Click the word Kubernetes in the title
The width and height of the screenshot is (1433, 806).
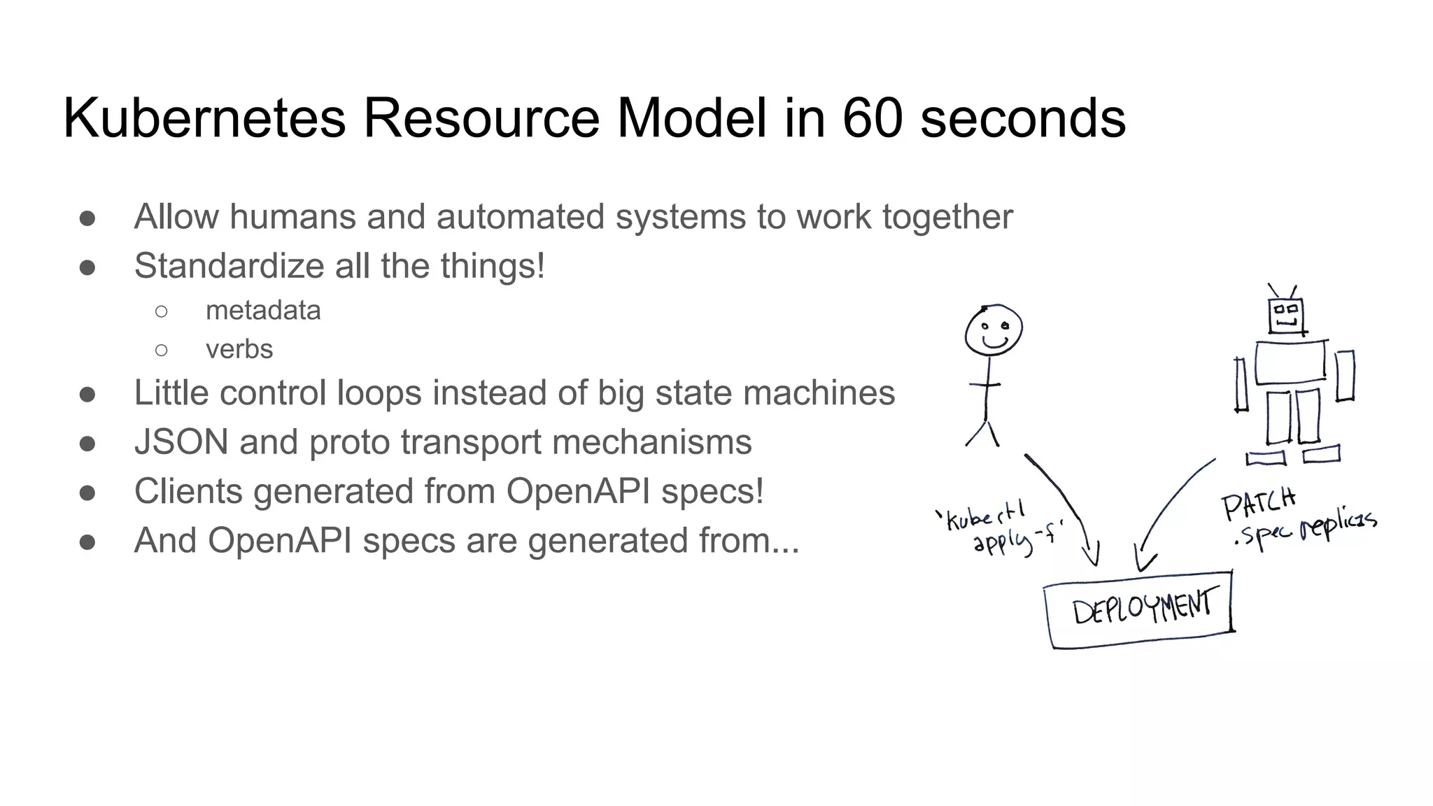pos(204,118)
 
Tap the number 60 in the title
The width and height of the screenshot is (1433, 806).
pos(872,118)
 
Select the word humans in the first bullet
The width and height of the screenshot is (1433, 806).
pos(292,217)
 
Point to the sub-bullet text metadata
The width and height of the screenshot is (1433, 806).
pos(263,310)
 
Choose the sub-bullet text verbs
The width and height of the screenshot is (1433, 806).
pos(239,349)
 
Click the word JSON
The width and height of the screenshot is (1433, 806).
pos(181,442)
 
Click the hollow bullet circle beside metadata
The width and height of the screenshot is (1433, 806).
pos(162,311)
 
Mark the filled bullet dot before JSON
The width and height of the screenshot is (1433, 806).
pos(87,444)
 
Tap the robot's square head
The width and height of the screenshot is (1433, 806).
pos(1287,316)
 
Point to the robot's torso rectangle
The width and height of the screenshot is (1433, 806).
pos(1290,362)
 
